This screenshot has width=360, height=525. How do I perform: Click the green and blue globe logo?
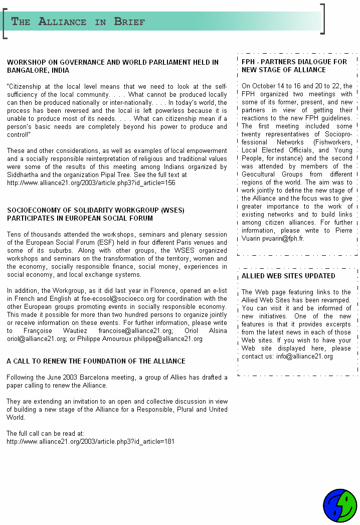point(340,506)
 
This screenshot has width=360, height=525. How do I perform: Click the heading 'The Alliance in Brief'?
point(78,22)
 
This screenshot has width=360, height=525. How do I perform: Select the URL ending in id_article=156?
point(91,183)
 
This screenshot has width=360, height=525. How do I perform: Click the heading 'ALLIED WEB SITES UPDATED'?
point(288,276)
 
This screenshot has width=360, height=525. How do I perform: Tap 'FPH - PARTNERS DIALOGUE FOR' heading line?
point(294,62)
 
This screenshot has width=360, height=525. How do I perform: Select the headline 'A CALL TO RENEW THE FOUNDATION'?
point(96,361)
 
